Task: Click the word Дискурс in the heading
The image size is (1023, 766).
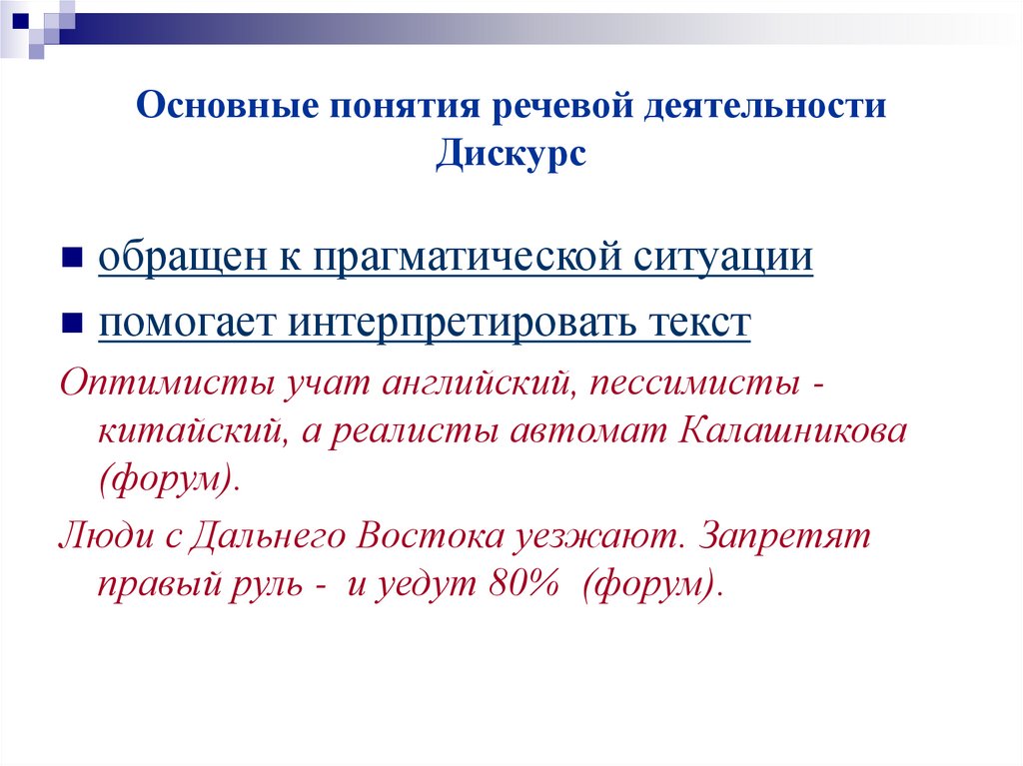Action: [511, 156]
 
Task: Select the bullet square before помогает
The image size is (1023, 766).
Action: [72, 326]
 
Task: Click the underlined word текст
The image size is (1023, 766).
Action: [692, 324]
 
